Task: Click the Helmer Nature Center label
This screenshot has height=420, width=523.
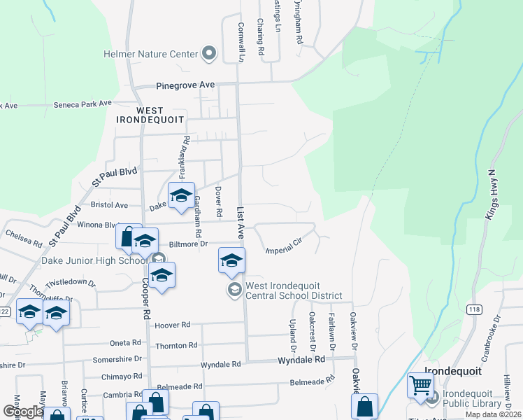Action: (149, 53)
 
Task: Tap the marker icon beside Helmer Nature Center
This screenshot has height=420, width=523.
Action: (208, 53)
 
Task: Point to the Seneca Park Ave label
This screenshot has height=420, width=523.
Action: (83, 104)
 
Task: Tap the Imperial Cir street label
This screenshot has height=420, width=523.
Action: (283, 246)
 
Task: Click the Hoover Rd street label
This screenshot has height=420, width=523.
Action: (172, 325)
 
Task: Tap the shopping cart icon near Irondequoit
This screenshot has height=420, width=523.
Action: (420, 386)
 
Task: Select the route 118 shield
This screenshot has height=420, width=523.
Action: (476, 309)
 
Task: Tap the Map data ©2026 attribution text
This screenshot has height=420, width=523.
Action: (492, 414)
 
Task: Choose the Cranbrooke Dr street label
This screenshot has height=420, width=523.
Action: (496, 335)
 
